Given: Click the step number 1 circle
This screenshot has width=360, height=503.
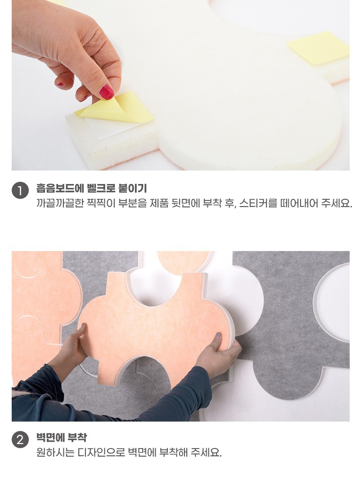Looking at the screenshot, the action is point(20,191).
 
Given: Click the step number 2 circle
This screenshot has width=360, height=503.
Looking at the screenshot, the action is point(20,440).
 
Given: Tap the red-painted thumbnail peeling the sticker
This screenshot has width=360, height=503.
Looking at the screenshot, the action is point(107,92).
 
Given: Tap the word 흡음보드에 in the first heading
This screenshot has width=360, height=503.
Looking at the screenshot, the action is point(60,189).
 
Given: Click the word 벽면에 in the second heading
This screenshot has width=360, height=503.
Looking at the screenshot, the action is point(50,438).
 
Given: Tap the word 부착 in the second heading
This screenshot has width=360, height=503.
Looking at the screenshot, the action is point(77,438).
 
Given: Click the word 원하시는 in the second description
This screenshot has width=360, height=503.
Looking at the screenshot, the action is point(55,453).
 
